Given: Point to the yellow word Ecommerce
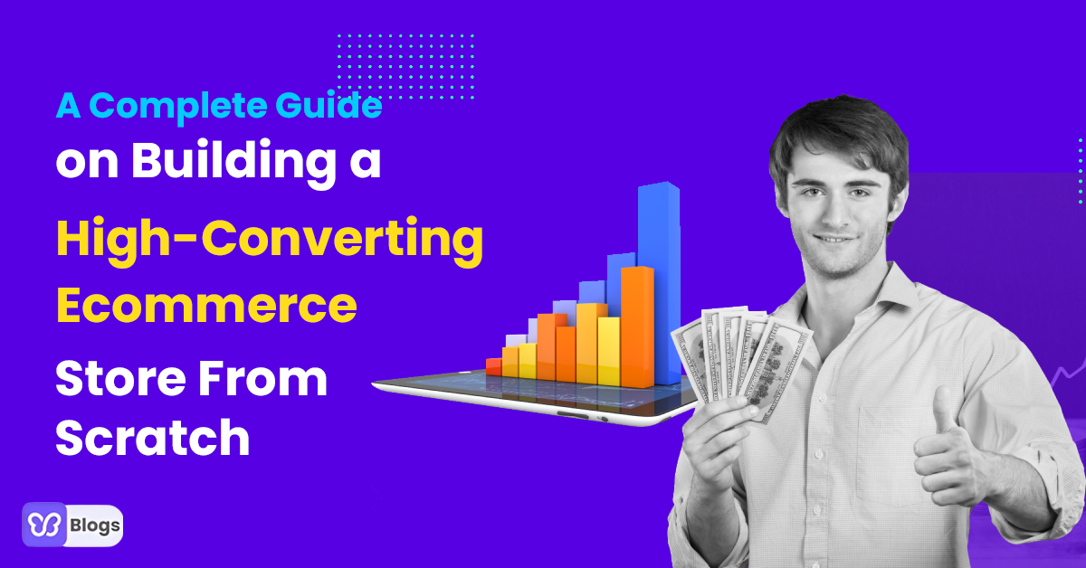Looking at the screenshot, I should (x=206, y=306).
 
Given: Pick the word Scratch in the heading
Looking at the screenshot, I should (x=152, y=438).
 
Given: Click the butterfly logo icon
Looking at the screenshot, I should (x=44, y=525).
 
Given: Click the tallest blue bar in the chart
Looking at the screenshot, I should (x=658, y=280).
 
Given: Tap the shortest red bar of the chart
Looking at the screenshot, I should (x=493, y=366).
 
